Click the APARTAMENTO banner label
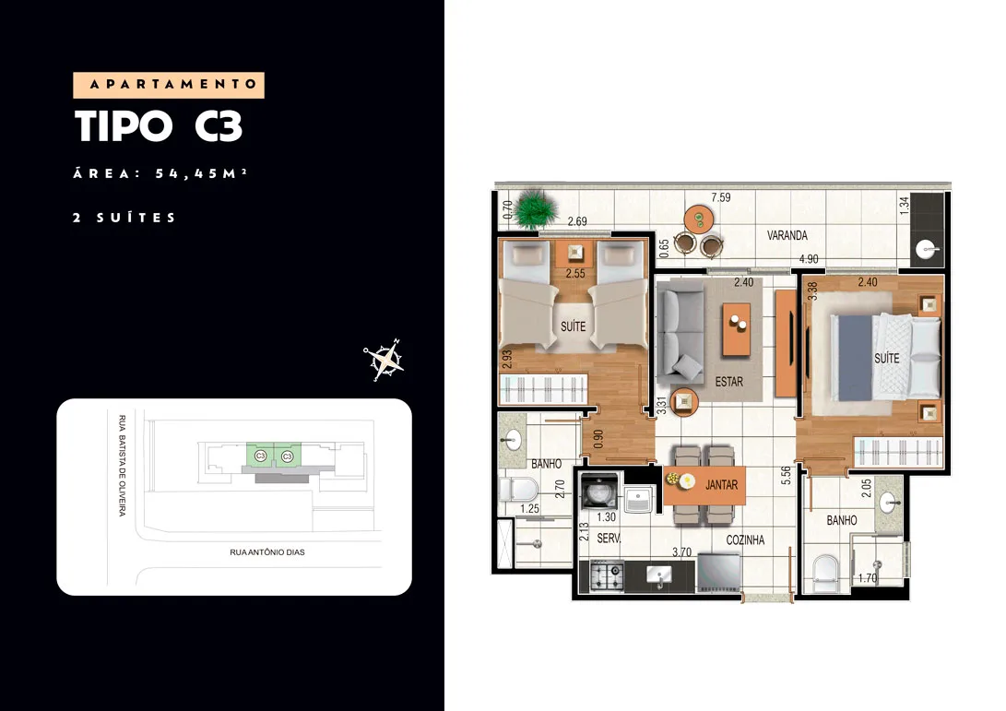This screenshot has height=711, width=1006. coord(169,85)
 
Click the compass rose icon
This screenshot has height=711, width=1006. coord(384,360)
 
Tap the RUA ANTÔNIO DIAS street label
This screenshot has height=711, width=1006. coord(266,551)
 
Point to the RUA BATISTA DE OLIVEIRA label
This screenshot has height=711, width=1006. coord(122,465)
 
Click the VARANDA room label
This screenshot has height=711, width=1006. coord(787,235)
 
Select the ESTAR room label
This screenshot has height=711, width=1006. coord(728,382)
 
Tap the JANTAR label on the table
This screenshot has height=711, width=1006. coord(721,485)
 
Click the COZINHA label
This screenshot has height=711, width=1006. coord(745,540)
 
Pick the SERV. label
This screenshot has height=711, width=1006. coord(609,539)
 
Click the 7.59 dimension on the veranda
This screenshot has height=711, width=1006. coord(720,197)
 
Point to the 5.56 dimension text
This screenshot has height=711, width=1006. coord(786,476)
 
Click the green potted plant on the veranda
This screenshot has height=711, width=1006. coord(534,207)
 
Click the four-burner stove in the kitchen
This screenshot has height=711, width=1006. coord(607,575)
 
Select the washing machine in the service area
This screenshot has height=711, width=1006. coord(599,492)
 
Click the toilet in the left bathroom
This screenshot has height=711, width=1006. coord(518,491)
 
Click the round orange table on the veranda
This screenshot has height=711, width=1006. coord(699,219)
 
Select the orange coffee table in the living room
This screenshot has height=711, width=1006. coord(737,329)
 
